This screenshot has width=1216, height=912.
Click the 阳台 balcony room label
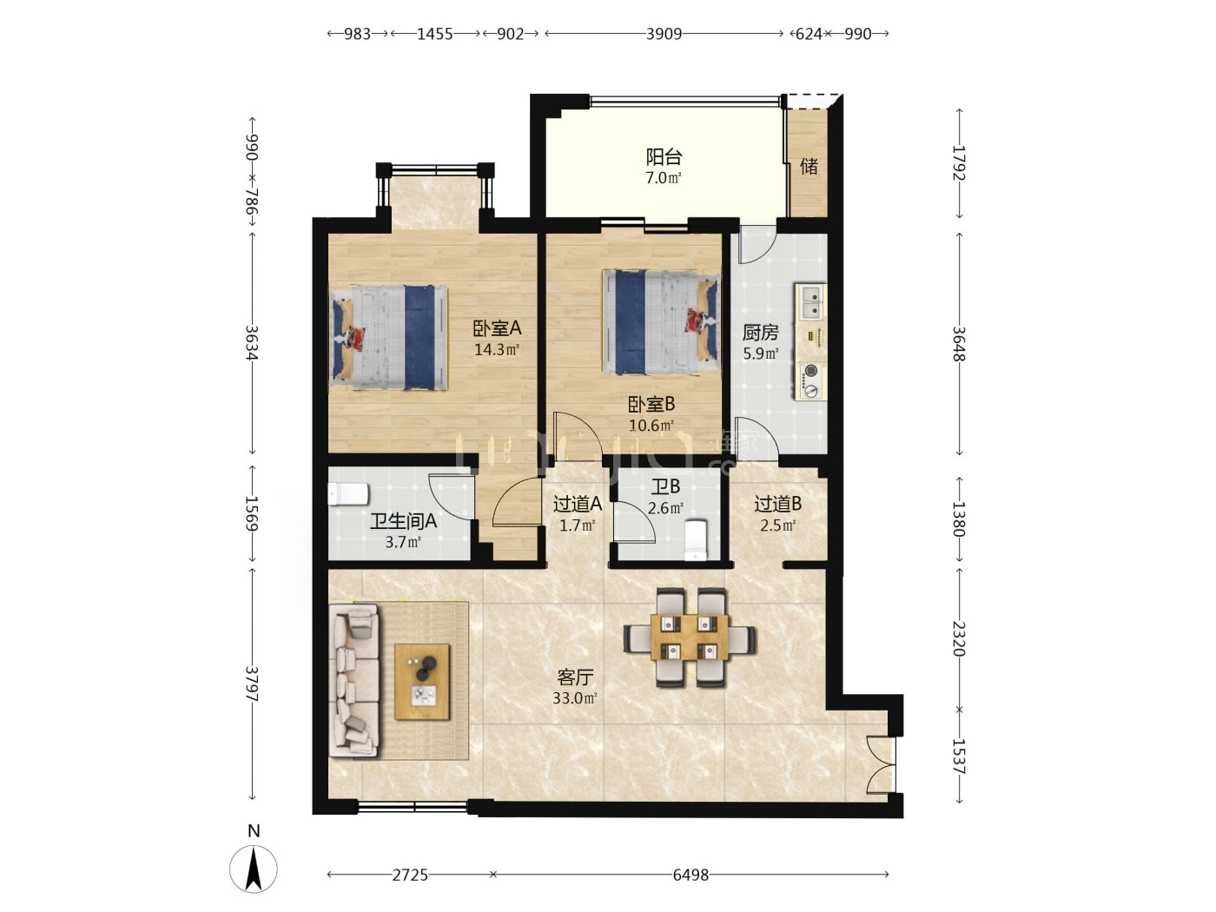coord(663,157)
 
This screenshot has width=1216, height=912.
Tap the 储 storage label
coord(809,166)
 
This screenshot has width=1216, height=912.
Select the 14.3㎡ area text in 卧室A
coord(496,350)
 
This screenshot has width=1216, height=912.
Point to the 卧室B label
coord(651,404)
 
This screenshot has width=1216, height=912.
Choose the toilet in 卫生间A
coord(348,494)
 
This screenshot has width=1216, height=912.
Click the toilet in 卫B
coord(696,539)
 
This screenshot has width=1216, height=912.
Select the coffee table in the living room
coord(421,682)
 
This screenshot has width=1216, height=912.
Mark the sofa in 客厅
coord(354,680)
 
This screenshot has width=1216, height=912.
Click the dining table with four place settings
coord(689,638)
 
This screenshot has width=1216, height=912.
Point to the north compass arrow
coord(254,869)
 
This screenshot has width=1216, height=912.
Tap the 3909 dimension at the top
coord(664,34)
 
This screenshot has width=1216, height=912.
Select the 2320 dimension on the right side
coord(959,638)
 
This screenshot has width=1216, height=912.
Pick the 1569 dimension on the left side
coord(252,512)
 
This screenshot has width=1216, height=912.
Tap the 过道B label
coord(777,504)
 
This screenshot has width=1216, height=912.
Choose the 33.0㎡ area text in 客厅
coord(574,698)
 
